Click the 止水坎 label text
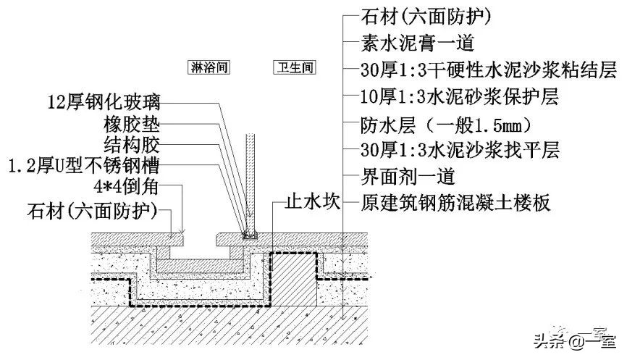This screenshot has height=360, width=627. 312,203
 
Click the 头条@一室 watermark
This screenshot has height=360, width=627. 573,338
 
